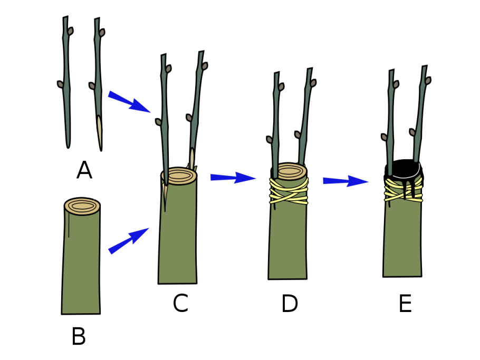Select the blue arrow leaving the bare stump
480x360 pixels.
[129, 240]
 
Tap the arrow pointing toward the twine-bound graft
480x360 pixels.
[233, 178]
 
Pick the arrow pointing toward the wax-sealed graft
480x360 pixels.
[345, 181]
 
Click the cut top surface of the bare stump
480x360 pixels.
[82, 206]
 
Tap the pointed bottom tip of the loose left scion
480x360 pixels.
[68, 143]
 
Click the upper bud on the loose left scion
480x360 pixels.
[70, 32]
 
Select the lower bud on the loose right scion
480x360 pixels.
[92, 86]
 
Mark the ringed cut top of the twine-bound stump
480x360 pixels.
[290, 171]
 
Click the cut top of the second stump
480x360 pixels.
[179, 176]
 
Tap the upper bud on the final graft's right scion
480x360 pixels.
[428, 81]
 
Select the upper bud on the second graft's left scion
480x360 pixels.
[168, 69]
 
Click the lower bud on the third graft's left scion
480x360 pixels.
[270, 140]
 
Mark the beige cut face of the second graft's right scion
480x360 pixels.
[192, 158]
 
